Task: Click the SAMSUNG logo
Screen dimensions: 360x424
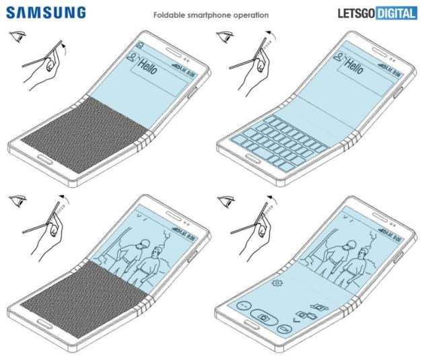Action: (x=46, y=13)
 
